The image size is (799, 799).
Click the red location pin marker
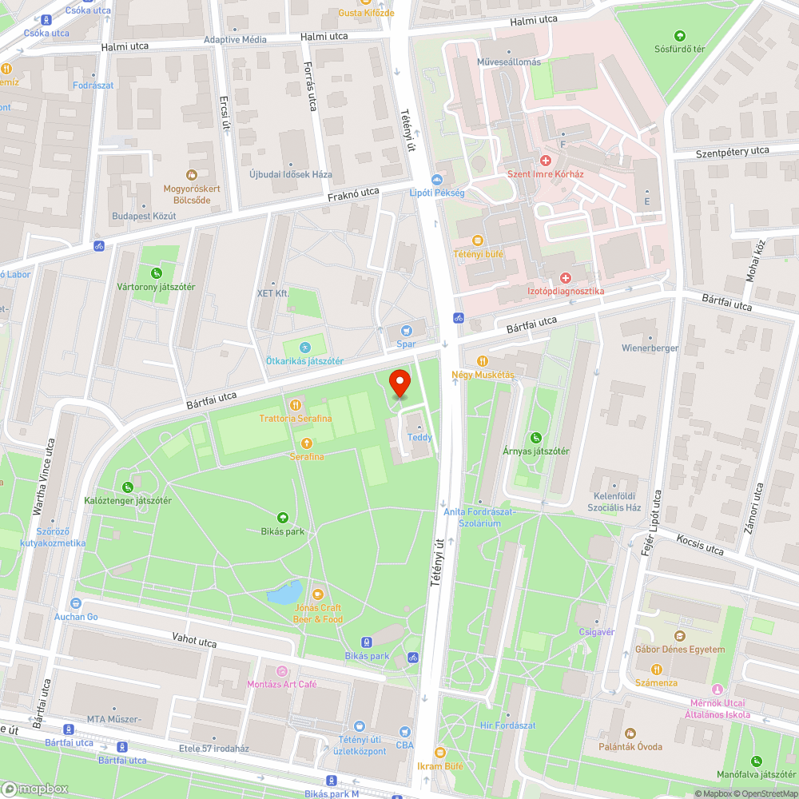coord(399,383)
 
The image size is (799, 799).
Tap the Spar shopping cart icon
coord(407,330)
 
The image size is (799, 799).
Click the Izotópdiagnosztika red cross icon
coord(566,277)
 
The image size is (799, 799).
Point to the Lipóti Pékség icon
coord(436,180)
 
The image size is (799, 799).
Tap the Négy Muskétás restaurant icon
coord(482,361)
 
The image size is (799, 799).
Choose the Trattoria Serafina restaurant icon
coord(295,405)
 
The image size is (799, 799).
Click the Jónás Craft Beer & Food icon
coord(318,594)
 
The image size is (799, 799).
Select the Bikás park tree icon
coord(282,518)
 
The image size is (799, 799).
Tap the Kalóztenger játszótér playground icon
coord(128,487)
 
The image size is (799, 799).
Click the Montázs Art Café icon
coord(281,671)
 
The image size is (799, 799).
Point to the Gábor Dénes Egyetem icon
coord(680,636)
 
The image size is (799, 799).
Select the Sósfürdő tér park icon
coord(680,35)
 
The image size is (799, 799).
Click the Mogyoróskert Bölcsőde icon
coord(191,174)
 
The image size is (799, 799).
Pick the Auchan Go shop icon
coord(76,603)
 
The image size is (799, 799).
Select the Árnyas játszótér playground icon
coord(536,438)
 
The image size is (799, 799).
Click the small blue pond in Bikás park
coord(284,594)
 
